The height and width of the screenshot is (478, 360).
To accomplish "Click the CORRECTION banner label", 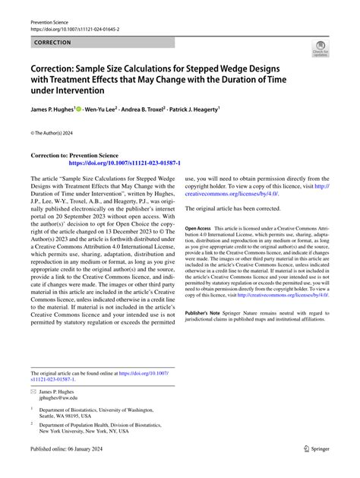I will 52,43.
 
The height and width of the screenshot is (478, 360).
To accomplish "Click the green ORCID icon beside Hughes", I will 80,109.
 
